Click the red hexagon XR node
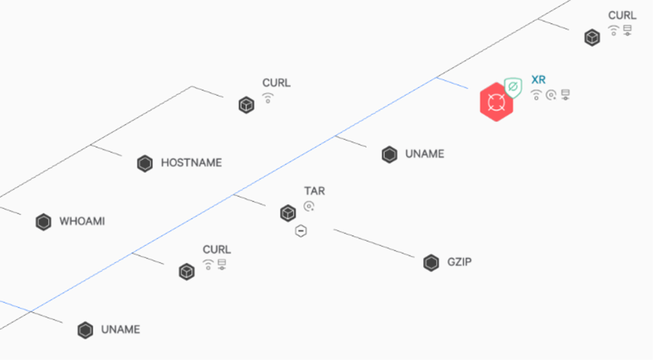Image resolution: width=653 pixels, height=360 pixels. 496,102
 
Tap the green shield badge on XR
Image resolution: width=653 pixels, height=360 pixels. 513,88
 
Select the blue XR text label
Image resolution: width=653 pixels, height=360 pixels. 539,79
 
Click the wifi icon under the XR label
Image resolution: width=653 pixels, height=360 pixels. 536,95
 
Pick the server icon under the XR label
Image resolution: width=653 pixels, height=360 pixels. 565,95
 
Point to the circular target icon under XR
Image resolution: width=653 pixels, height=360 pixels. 551,95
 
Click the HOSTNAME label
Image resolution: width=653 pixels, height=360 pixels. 192,163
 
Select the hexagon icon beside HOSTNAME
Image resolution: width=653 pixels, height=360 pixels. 145,164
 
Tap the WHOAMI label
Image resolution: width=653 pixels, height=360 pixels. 82,221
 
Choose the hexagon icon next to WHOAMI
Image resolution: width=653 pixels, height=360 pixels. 43,222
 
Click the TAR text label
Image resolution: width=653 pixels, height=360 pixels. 315,191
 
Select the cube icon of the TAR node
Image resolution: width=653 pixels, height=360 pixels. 288,213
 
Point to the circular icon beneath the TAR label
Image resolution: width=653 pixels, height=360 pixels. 309,207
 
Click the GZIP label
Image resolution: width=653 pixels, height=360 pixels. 460,262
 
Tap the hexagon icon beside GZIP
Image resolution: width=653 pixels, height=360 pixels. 431,263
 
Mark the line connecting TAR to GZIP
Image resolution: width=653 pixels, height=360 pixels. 374,244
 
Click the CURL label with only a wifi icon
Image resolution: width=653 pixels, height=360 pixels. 276,83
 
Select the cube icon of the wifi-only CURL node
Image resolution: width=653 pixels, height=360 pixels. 246,105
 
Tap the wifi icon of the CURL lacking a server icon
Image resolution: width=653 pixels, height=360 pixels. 267,98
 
